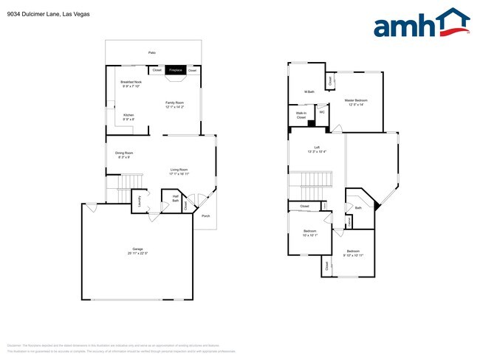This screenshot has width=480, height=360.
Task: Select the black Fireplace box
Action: click(x=175, y=69)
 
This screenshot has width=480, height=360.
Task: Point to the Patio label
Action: click(x=152, y=53)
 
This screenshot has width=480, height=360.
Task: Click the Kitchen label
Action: click(x=128, y=117)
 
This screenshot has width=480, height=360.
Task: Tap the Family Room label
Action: click(x=174, y=104)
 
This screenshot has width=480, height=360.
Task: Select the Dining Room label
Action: click(x=123, y=155)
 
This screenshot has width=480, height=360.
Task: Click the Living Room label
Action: click(x=179, y=172)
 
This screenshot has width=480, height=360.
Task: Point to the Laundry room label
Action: click(x=139, y=203)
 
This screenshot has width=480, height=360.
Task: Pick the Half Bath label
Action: click(x=176, y=198)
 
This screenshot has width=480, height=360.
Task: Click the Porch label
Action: click(x=205, y=216)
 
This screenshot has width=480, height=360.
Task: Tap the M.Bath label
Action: click(x=309, y=92)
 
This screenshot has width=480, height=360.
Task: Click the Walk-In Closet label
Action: click(x=301, y=116)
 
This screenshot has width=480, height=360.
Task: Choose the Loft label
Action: click(x=317, y=148)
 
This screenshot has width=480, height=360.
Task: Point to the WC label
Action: click(x=322, y=112)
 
